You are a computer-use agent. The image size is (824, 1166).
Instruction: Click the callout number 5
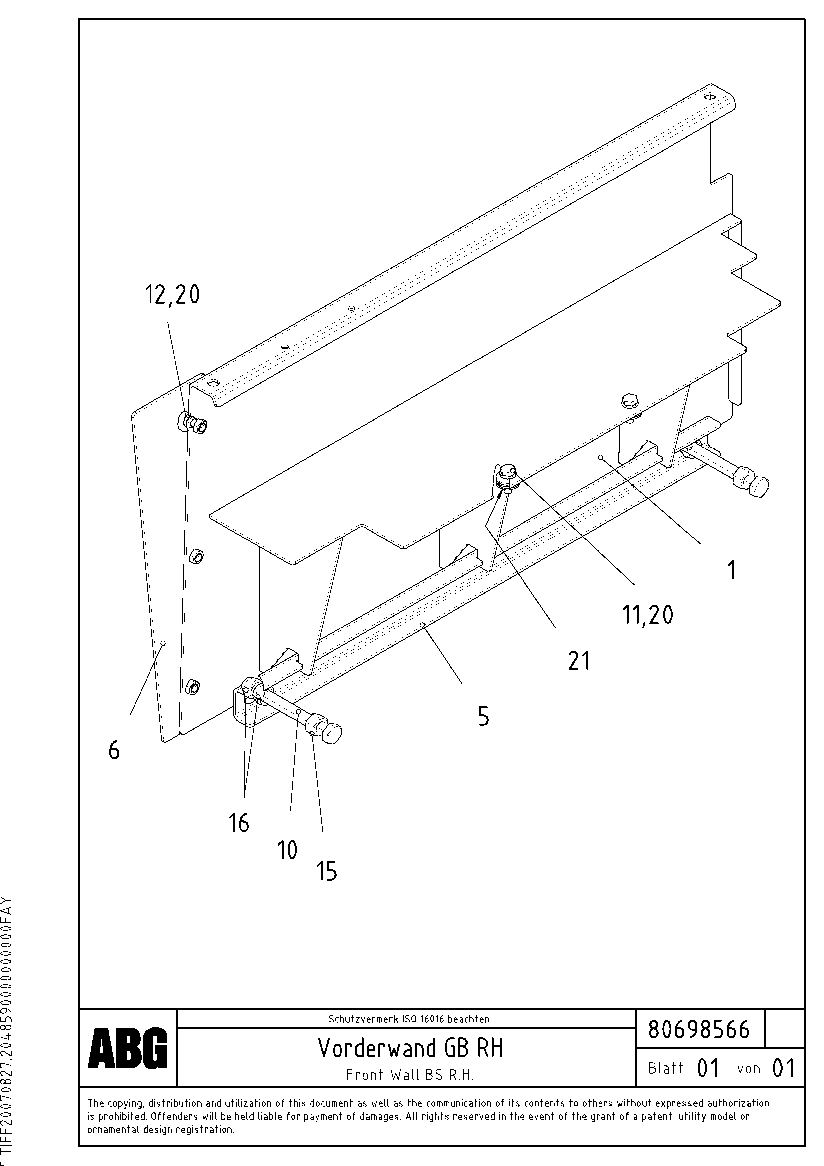[483, 717]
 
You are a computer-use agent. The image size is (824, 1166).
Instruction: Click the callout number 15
[327, 872]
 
